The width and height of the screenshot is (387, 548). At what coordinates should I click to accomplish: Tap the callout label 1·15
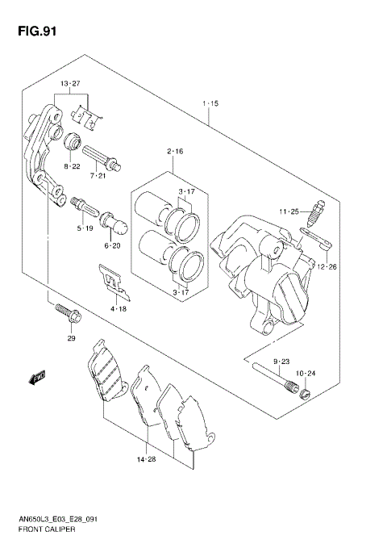tap(210, 103)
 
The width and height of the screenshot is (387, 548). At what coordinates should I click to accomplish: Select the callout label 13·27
tap(69, 84)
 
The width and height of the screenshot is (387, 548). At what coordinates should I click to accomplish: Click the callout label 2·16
tap(175, 151)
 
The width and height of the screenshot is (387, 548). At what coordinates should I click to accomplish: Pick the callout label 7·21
tap(98, 175)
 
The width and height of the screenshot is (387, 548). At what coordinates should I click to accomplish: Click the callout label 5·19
tap(85, 228)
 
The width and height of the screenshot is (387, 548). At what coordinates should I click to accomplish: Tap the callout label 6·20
tap(111, 245)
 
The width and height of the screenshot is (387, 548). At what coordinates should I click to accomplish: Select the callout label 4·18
tap(118, 308)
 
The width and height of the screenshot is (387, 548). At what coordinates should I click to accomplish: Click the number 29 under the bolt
tap(70, 339)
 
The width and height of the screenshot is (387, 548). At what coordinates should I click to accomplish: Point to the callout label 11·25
tap(289, 211)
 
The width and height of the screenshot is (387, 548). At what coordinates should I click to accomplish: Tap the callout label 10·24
tap(305, 374)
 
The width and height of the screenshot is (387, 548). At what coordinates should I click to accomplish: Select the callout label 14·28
tap(146, 459)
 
